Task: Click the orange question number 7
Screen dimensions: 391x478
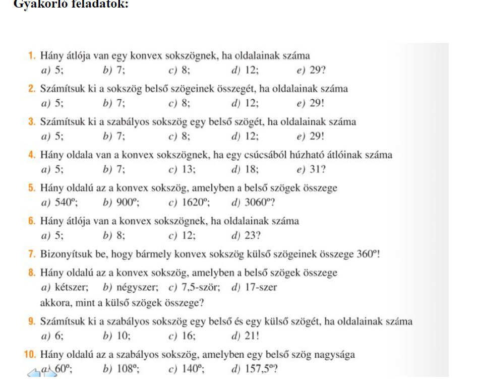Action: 32,254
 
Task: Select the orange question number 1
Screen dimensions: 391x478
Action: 32,55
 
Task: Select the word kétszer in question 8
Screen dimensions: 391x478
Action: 72,288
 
